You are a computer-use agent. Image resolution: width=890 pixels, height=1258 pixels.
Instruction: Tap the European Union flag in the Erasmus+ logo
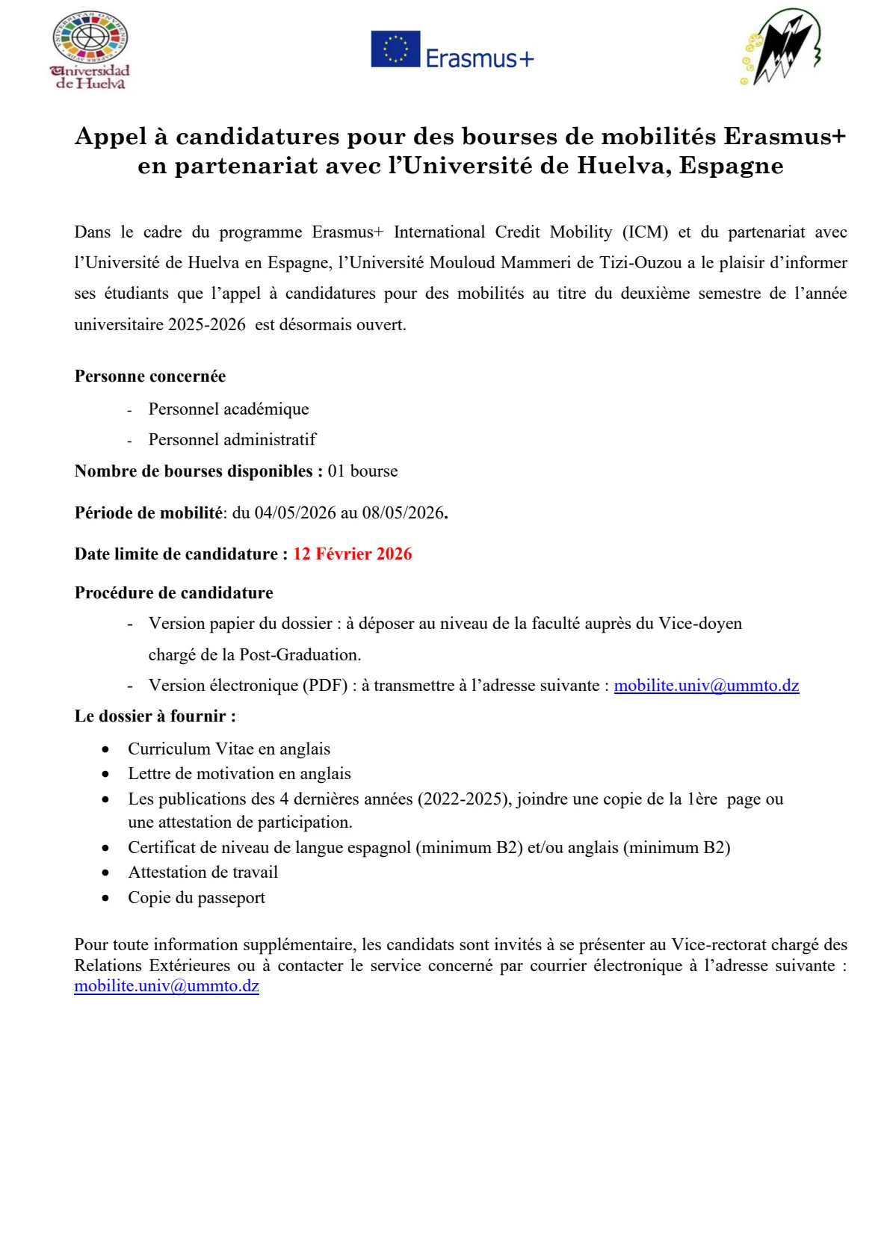[x=395, y=49]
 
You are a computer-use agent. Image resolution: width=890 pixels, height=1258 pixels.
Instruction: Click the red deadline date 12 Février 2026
[x=353, y=554]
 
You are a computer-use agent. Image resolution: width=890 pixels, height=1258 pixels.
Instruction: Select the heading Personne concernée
[x=150, y=377]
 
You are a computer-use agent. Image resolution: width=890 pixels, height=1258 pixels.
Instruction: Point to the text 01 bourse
[x=362, y=471]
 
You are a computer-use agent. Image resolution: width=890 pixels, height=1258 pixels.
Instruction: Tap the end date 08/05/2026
[x=403, y=513]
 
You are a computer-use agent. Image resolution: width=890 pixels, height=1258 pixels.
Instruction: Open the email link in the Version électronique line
[x=706, y=686]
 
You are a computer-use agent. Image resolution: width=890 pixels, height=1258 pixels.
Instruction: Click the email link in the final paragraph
[x=167, y=986]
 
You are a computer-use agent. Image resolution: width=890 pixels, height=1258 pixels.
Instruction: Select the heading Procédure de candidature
[x=174, y=593]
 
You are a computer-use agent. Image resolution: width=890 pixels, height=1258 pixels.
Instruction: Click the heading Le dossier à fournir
[x=155, y=716]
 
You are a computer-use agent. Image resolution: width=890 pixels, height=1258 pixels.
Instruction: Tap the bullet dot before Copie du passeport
[x=106, y=899]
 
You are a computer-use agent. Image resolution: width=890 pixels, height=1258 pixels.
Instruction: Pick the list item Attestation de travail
[x=203, y=873]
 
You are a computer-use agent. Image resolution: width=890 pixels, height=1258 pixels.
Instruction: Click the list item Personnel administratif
[x=232, y=440]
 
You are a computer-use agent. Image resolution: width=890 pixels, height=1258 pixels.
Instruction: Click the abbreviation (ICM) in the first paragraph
[x=645, y=232]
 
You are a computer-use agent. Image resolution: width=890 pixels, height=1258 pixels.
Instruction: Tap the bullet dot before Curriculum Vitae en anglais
[x=106, y=749]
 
